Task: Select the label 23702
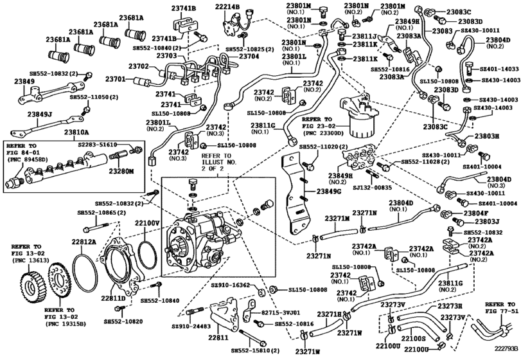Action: coord(138,66)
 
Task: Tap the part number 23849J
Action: coord(22,116)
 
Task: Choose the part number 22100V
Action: coord(146,223)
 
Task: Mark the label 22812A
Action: coord(84,242)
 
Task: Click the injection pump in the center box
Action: coord(199,241)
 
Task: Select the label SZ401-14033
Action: coord(499,69)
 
